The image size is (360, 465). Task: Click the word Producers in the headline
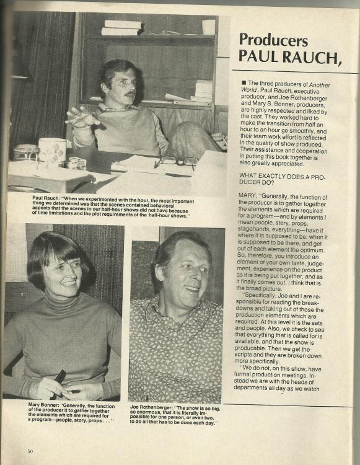pos(273,40)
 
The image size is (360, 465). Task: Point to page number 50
pos(30,451)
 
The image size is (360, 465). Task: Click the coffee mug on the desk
pos(52,151)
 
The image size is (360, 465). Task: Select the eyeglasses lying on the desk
pos(177,161)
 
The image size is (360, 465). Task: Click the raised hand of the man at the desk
pos(82,116)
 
